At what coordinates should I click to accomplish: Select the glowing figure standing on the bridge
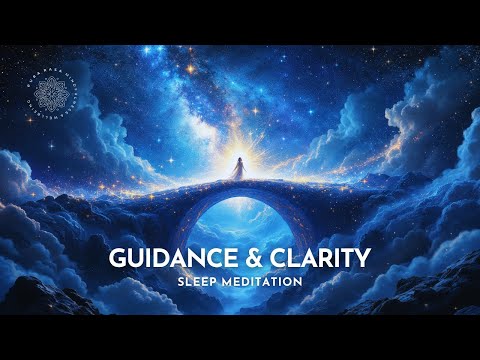click(239, 169)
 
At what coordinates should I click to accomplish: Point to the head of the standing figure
click(239, 157)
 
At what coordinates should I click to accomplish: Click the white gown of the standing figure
click(239, 174)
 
